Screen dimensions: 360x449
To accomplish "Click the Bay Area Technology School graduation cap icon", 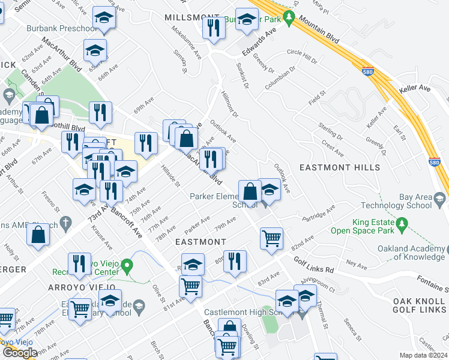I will pos(439,198).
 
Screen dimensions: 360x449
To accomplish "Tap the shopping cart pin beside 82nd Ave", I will pos(271,238).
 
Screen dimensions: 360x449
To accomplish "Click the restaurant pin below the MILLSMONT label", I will pos(214,28).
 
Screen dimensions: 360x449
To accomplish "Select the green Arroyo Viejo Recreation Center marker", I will pos(126,265).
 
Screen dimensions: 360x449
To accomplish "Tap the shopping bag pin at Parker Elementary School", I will pos(250,192).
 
